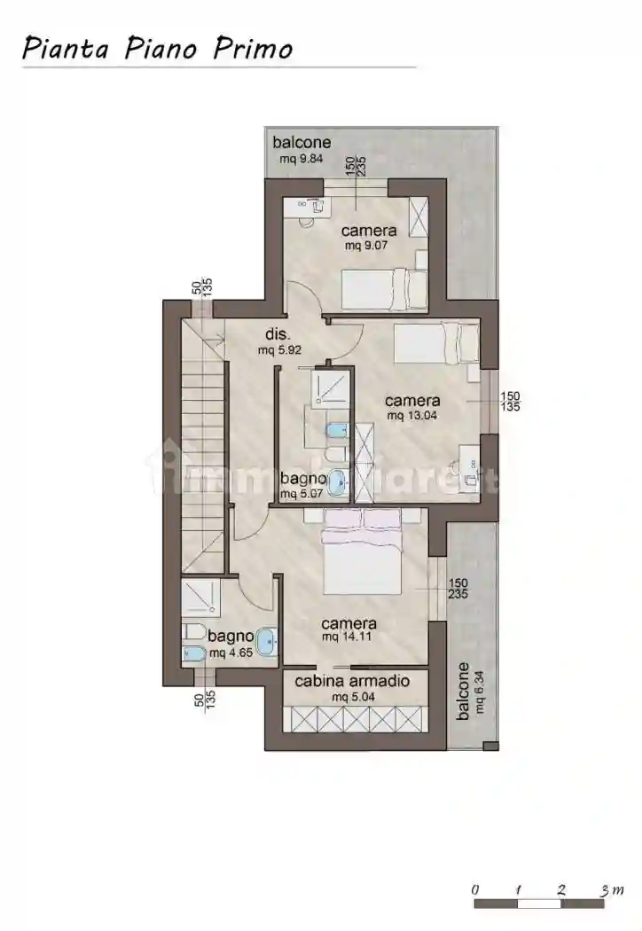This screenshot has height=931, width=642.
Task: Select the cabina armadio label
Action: [x=351, y=682]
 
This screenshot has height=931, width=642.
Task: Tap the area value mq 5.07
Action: [x=301, y=495]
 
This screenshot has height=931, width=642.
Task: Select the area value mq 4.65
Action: [x=229, y=653]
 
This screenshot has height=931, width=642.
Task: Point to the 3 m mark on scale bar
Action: [x=606, y=889]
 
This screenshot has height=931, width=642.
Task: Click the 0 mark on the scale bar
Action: [x=476, y=889]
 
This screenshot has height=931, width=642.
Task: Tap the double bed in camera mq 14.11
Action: [x=364, y=559]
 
